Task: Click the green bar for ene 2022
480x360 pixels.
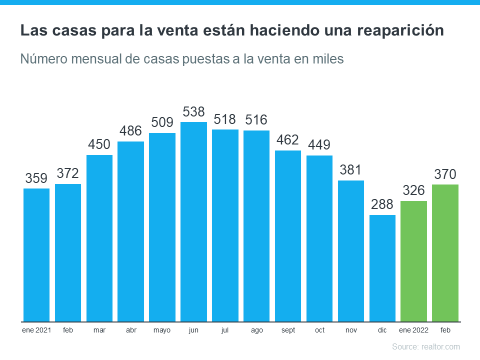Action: click(x=414, y=261)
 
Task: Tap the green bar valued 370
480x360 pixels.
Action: click(x=445, y=253)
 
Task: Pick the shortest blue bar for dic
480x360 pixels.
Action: click(x=382, y=268)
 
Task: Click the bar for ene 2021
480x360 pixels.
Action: click(x=36, y=255)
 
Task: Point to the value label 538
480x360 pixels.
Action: click(x=193, y=111)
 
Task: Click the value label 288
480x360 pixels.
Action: click(x=382, y=204)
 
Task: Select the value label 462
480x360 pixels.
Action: click(x=288, y=140)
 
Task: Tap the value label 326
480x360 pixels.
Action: click(x=414, y=190)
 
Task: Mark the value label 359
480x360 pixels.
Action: click(x=36, y=178)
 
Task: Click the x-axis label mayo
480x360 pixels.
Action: click(x=162, y=330)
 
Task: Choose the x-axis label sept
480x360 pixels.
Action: click(x=288, y=330)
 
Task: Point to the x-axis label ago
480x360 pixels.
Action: click(x=256, y=330)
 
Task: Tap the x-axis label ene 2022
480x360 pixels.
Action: click(x=414, y=330)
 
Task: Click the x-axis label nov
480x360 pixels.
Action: click(x=351, y=330)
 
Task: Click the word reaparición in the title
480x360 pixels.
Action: click(x=400, y=31)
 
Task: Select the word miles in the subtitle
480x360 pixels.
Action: click(x=328, y=59)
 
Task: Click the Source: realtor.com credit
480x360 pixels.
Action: click(x=425, y=346)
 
